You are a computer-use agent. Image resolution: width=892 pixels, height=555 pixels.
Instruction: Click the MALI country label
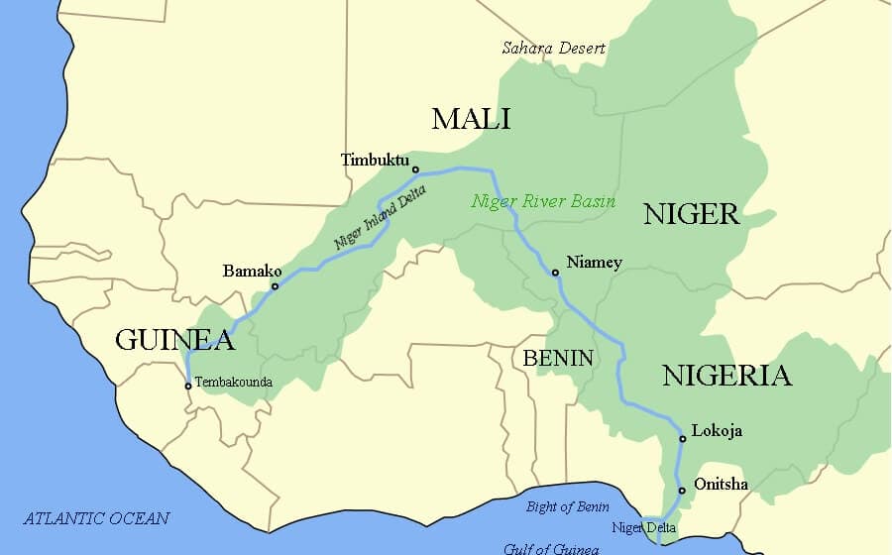point(471,120)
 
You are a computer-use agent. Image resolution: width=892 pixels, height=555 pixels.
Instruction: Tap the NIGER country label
point(691,214)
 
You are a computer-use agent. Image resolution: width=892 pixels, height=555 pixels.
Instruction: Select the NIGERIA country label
point(726,376)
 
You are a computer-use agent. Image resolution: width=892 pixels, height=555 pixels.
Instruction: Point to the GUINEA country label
point(174,340)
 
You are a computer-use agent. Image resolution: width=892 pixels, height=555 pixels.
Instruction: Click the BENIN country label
point(558,358)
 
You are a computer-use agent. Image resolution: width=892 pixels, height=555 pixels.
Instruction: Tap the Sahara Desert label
point(553,48)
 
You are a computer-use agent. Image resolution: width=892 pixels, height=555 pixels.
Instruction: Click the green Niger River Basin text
point(543,201)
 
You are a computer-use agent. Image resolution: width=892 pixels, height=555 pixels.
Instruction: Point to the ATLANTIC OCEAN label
point(96,518)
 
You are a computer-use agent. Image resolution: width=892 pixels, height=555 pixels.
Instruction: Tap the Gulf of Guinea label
point(550,548)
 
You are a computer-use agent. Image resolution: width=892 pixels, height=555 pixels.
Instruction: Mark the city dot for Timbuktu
point(415,169)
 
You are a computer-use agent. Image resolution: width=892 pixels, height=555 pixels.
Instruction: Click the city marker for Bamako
point(275,286)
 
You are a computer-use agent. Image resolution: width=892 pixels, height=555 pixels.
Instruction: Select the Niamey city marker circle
point(555,273)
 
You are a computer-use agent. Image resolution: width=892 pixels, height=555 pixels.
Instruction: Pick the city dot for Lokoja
point(682,439)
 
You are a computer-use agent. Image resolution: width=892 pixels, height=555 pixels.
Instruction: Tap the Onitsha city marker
point(681,491)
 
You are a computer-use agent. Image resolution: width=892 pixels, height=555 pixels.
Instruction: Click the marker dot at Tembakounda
point(187,387)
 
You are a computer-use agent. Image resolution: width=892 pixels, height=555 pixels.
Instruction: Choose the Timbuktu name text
point(374,160)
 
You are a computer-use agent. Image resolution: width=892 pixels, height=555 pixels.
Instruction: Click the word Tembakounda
point(233,382)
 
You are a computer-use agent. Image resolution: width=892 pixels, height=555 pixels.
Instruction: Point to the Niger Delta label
point(643,527)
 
